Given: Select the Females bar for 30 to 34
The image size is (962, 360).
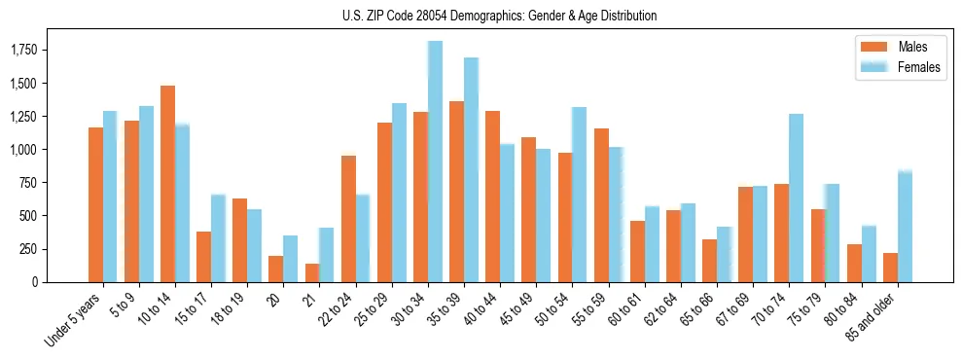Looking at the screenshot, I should [435, 162].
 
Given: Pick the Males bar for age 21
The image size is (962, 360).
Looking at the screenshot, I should [311, 272].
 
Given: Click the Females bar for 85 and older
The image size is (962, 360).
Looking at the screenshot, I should [905, 226].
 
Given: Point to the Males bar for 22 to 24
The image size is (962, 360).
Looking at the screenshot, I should [347, 219].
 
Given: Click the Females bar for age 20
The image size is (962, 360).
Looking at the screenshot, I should [290, 259].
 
